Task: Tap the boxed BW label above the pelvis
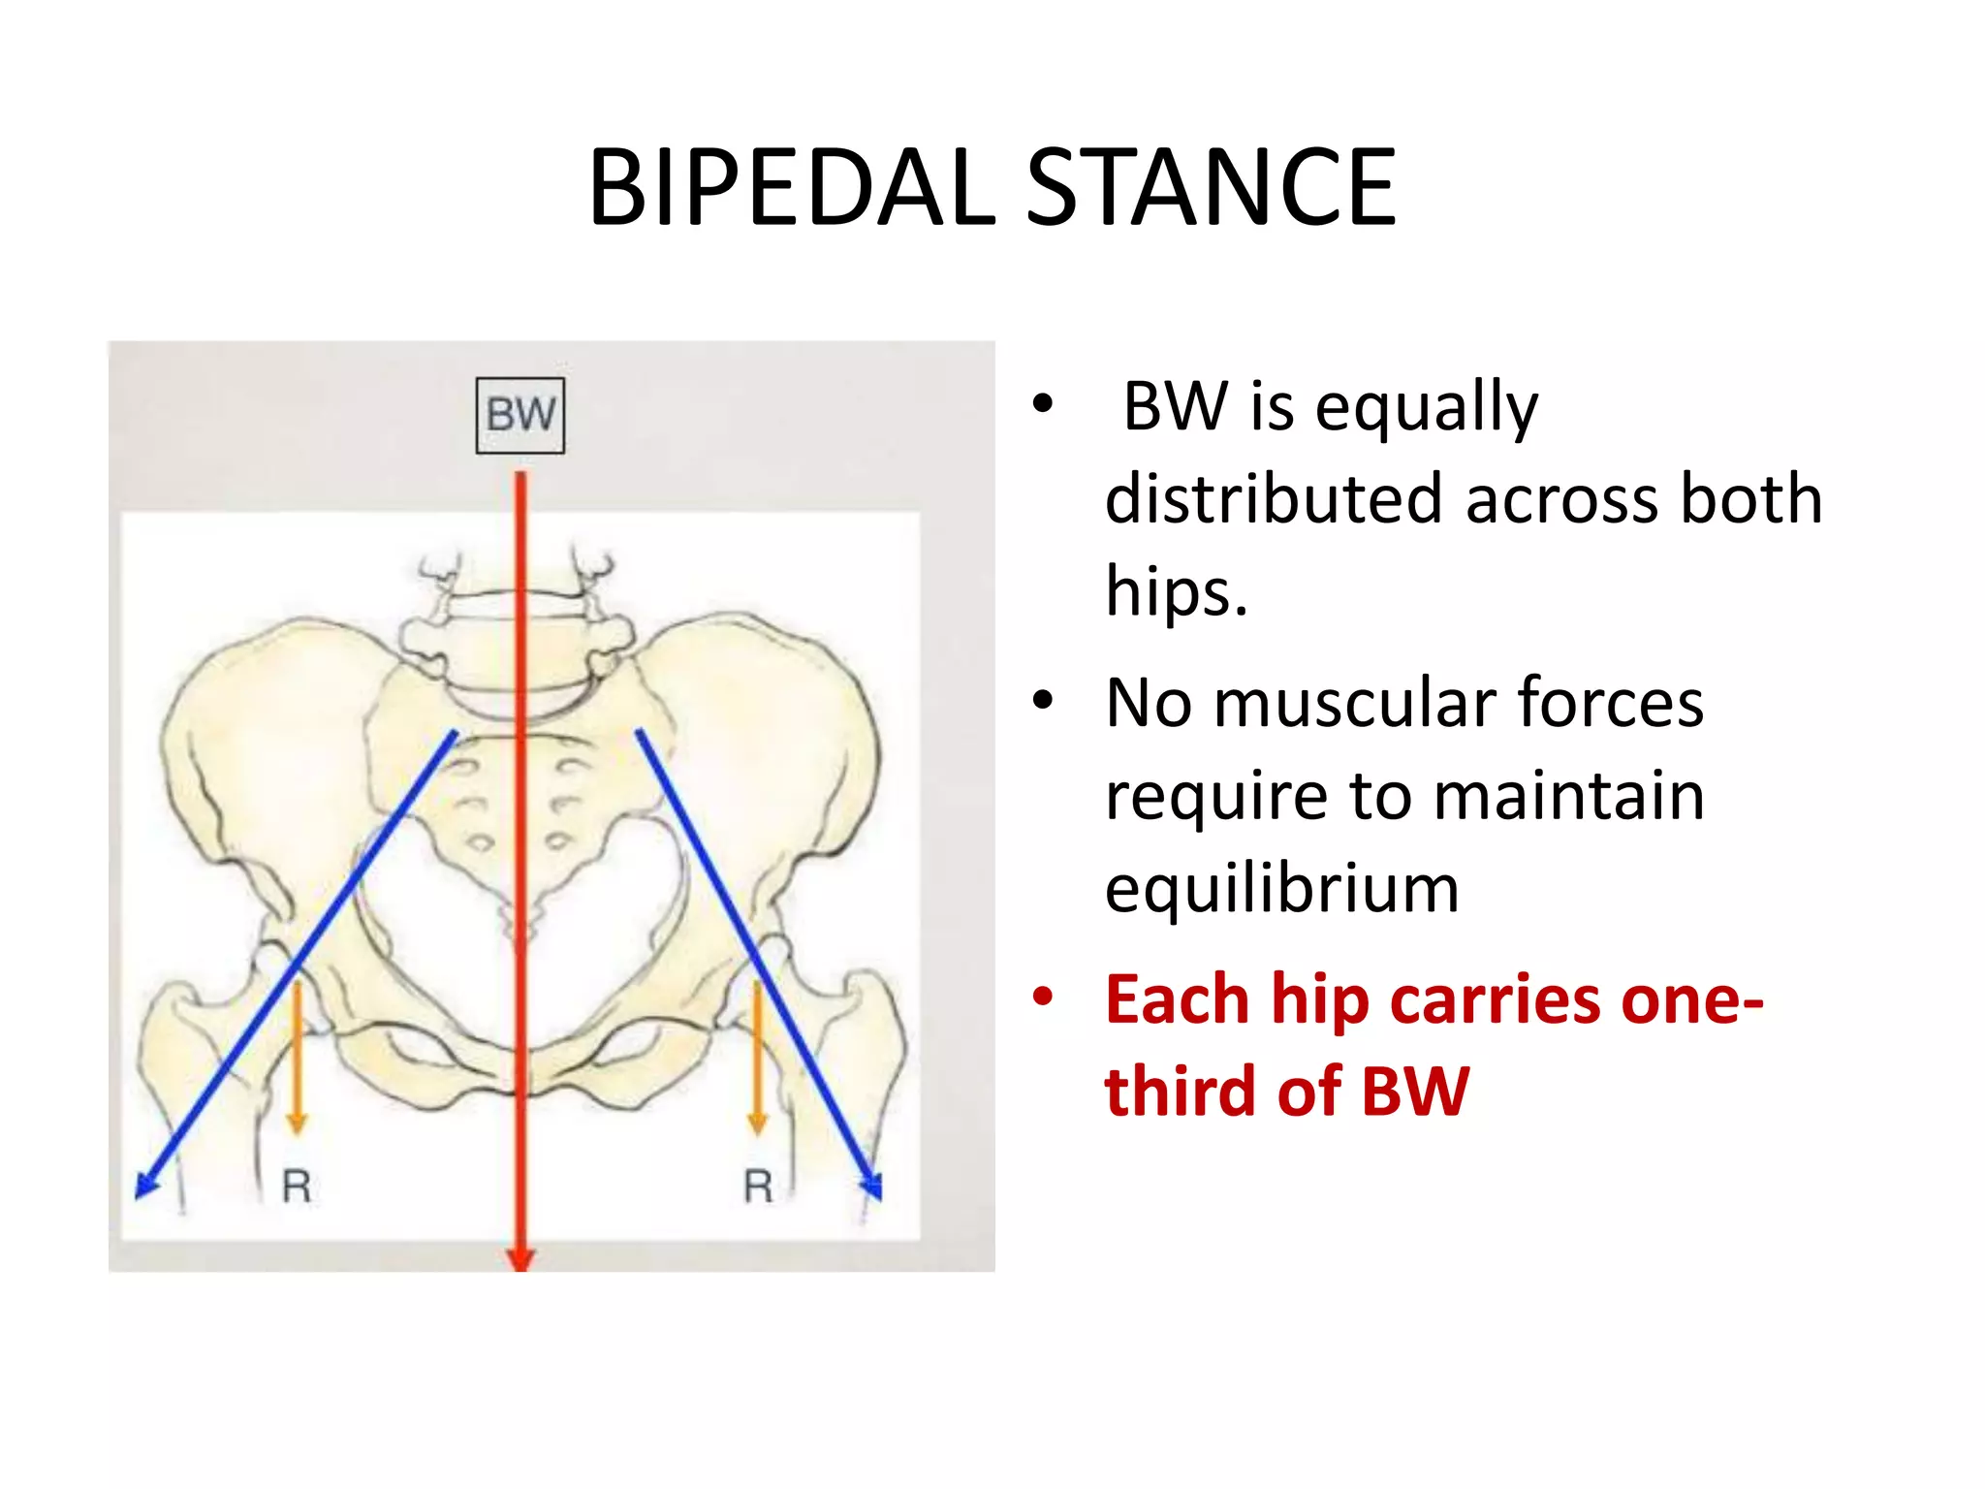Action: point(520,415)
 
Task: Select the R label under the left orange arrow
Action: point(297,1187)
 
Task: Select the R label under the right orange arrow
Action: point(758,1187)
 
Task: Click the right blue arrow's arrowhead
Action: point(872,1186)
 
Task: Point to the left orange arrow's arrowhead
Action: point(297,1124)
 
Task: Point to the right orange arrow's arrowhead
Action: point(758,1124)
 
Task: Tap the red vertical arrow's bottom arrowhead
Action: point(520,1258)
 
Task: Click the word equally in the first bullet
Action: point(1426,407)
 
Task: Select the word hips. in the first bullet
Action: point(1177,591)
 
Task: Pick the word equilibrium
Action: point(1281,888)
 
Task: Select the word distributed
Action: point(1274,499)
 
